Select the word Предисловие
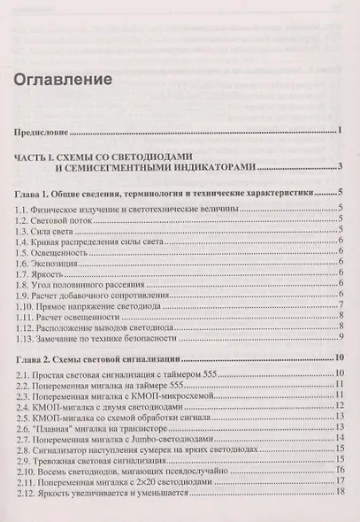click(x=44, y=134)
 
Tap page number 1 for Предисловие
click(x=341, y=133)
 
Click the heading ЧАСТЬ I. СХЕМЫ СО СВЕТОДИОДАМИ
click(x=128, y=156)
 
